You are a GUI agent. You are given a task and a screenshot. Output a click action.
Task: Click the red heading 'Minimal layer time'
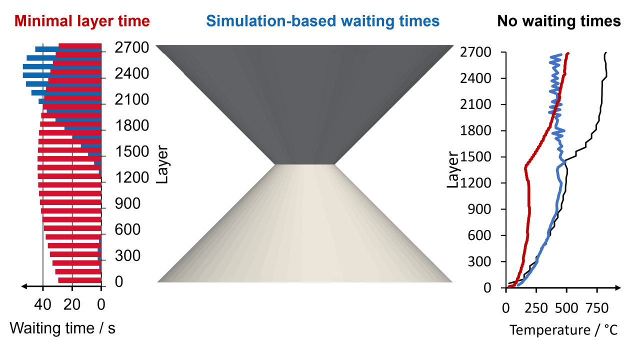(x=82, y=21)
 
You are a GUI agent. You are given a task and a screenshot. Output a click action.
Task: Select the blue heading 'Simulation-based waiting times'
(x=323, y=21)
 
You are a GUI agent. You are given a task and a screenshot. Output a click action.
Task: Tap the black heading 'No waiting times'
(x=559, y=21)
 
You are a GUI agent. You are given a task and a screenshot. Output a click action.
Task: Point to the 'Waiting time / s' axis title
(x=62, y=328)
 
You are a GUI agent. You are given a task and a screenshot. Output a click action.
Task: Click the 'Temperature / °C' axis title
(x=563, y=330)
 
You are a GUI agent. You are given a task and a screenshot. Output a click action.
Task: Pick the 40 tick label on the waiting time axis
(x=42, y=304)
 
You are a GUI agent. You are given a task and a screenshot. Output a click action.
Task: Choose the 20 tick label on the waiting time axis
(x=71, y=304)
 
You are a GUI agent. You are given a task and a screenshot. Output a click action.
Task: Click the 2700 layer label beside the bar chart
(x=131, y=47)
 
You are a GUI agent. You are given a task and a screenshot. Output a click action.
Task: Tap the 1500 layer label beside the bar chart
(x=131, y=151)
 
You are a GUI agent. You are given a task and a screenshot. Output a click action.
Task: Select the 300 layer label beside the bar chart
(x=127, y=255)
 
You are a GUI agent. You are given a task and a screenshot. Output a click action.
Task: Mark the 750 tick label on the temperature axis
(x=597, y=308)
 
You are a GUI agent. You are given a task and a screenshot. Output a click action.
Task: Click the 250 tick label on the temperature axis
(x=536, y=308)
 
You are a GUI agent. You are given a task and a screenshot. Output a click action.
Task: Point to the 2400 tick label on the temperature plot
(x=475, y=78)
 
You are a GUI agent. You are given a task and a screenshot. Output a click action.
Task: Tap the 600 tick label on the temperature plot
(x=479, y=235)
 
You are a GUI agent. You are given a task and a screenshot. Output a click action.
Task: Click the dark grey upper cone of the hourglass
(x=304, y=94)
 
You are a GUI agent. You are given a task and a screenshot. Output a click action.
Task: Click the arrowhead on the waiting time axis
(x=24, y=286)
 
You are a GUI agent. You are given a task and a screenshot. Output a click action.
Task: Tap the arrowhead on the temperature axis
(x=617, y=287)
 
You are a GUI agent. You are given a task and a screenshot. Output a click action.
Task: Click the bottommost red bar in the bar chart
(x=79, y=280)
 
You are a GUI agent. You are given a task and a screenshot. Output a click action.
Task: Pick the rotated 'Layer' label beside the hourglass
(x=162, y=164)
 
